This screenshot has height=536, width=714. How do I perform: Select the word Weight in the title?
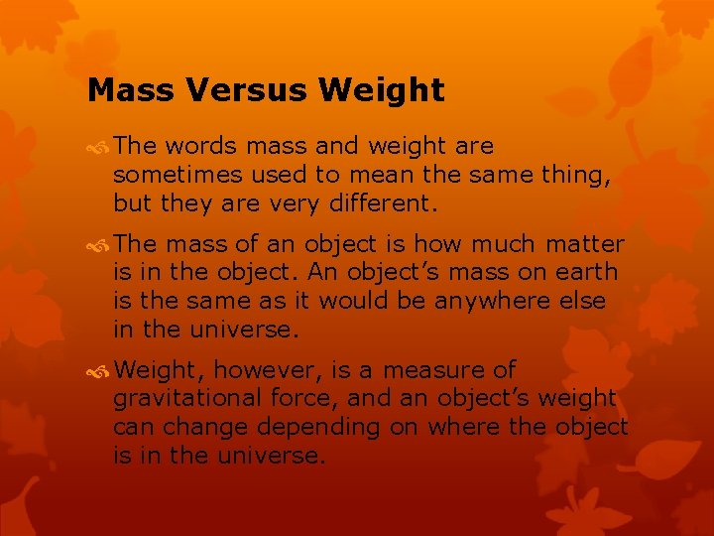pyautogui.click(x=382, y=91)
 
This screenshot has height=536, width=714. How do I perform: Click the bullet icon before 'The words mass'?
pyautogui.click(x=99, y=147)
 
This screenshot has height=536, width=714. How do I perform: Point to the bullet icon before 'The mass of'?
pyautogui.click(x=99, y=244)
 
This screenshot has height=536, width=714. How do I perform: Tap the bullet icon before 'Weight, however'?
pyautogui.click(x=99, y=371)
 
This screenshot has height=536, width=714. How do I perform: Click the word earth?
pyautogui.click(x=589, y=272)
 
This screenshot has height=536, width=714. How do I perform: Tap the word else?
pyautogui.click(x=576, y=300)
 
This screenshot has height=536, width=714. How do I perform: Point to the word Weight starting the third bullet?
pyautogui.click(x=158, y=371)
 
